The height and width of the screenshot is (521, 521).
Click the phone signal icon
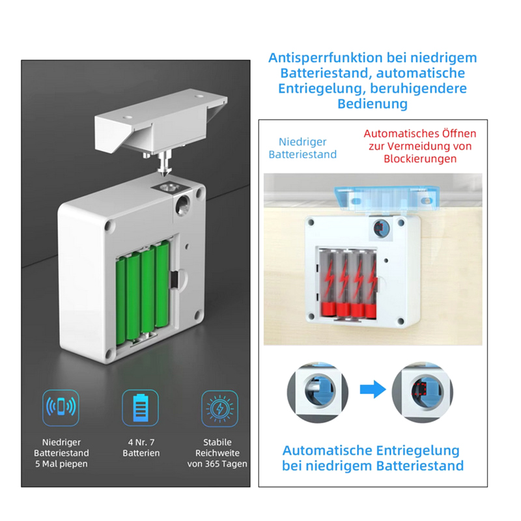pyautogui.click(x=61, y=408)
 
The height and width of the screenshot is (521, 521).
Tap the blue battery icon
pyautogui.click(x=140, y=408)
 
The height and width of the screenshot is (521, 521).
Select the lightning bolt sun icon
pyautogui.click(x=219, y=408)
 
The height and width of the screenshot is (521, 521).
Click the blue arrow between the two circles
pyautogui.click(x=373, y=389)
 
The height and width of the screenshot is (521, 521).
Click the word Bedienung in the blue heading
pyautogui.click(x=373, y=104)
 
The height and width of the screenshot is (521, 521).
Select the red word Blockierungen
pyautogui.click(x=420, y=159)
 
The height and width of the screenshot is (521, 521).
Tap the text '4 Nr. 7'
pyautogui.click(x=141, y=442)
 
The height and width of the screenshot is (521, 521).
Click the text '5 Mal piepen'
pyautogui.click(x=61, y=464)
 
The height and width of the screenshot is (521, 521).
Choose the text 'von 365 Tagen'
pyautogui.click(x=218, y=464)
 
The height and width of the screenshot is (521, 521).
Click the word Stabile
pyautogui.click(x=218, y=442)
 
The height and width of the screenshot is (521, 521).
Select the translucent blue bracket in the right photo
pyautogui.click(x=386, y=199)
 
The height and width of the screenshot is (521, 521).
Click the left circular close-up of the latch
pyautogui.click(x=318, y=393)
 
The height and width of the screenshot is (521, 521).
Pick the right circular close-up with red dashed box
pyautogui.click(x=422, y=393)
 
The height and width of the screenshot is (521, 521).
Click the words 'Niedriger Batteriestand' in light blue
pyautogui.click(x=303, y=148)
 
